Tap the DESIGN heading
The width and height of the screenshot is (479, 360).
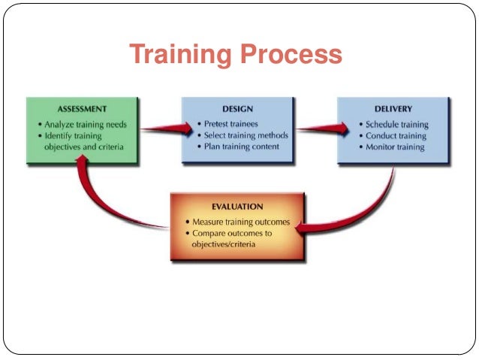[x=237, y=109]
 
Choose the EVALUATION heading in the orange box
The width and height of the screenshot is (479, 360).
[x=237, y=206]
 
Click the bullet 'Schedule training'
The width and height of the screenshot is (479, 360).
[x=397, y=124]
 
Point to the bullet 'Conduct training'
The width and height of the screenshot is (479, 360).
[x=396, y=135]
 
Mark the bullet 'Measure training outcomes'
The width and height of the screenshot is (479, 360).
[x=240, y=222]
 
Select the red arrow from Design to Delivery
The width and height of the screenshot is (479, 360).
[x=315, y=129]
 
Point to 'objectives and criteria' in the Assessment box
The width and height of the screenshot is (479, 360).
[x=83, y=147]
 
